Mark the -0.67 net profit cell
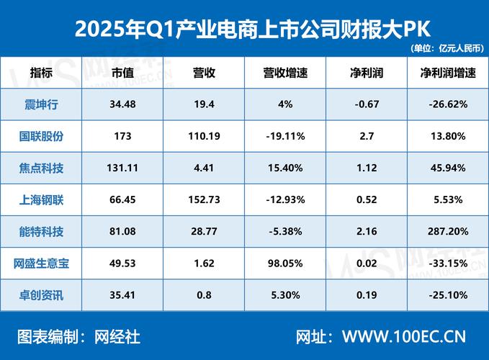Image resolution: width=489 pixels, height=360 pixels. click(x=367, y=104)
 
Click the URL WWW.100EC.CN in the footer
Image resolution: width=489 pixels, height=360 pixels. click(x=404, y=336)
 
